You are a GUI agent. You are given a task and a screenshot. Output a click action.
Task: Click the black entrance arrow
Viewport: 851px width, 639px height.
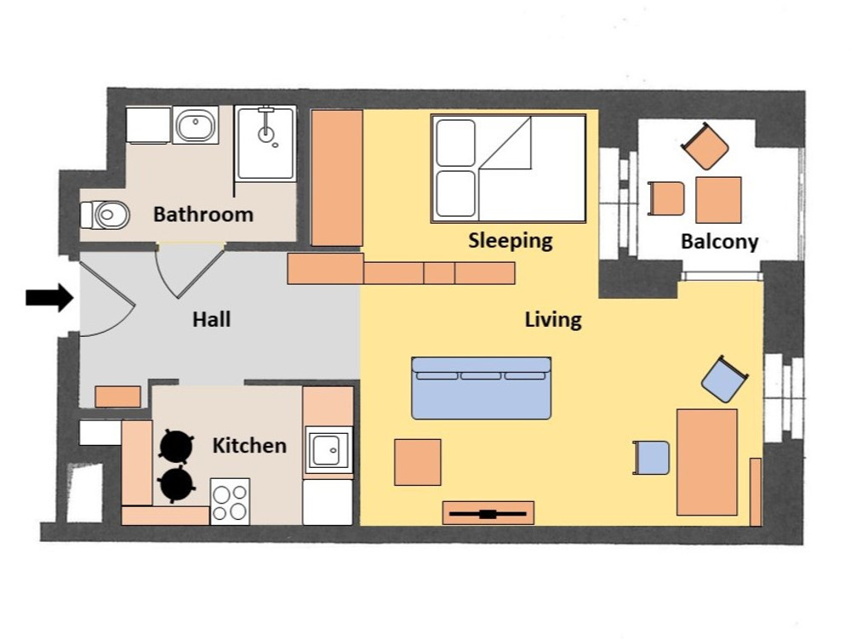(x=49, y=297)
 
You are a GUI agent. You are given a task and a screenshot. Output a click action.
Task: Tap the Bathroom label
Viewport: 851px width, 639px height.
(x=203, y=214)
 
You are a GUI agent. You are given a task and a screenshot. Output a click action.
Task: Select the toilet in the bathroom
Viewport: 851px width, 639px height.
(x=106, y=215)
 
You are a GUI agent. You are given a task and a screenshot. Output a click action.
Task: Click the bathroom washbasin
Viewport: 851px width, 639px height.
(x=196, y=125)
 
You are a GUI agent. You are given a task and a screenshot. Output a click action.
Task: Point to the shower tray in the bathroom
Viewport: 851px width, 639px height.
(x=266, y=143)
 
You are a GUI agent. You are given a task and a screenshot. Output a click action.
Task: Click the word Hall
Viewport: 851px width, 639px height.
(x=212, y=319)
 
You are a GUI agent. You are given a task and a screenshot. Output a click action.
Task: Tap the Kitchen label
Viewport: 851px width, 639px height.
(x=249, y=445)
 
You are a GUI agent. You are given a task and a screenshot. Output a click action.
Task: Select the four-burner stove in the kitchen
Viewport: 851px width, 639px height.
(x=230, y=502)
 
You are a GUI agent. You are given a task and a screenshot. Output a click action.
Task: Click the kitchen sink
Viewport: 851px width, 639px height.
(x=328, y=449)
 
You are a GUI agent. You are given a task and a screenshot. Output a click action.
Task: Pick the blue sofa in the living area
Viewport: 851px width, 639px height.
(x=482, y=388)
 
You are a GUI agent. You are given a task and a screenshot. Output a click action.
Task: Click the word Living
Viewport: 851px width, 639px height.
(x=553, y=320)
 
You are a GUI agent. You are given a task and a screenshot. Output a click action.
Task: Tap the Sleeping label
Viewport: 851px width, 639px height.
(x=510, y=240)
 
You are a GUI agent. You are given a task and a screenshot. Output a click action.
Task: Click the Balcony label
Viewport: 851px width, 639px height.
(x=720, y=242)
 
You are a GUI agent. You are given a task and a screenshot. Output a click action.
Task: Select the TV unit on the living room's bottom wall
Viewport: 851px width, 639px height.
(x=488, y=513)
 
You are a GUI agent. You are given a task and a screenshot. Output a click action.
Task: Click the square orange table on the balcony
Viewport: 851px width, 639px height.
(x=718, y=200)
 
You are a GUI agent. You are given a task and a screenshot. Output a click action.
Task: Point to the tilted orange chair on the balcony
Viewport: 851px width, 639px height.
(x=705, y=145)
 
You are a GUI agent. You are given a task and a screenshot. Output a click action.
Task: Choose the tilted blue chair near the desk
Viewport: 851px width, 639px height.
(x=724, y=379)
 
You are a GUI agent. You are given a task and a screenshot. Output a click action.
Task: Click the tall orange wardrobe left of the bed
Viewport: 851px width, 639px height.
(x=336, y=178)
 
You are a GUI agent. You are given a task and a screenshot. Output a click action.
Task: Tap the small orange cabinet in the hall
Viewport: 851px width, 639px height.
(x=117, y=397)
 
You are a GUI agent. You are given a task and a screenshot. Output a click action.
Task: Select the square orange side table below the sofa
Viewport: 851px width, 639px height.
(x=417, y=462)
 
